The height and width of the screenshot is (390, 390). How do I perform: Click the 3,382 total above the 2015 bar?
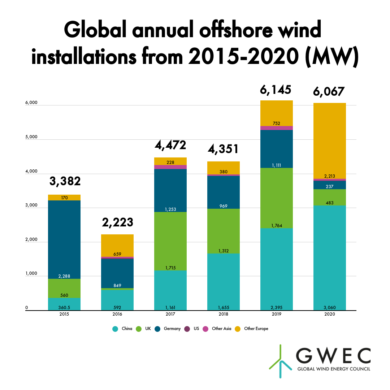[65, 181]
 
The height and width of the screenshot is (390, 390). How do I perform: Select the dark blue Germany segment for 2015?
[64, 238]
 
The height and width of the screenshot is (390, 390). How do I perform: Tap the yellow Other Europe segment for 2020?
[329, 141]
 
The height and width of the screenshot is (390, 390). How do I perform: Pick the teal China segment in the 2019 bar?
[276, 269]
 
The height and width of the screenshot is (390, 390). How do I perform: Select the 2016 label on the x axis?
[117, 314]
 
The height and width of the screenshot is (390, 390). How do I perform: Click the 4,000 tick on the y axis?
[22, 172]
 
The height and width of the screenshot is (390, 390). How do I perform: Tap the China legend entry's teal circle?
[115, 329]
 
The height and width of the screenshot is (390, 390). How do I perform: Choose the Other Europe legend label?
[256, 329]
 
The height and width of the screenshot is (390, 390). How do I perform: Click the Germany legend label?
[172, 329]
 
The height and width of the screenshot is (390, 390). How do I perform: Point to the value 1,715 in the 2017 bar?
[170, 268]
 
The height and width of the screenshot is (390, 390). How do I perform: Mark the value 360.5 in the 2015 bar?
[64, 308]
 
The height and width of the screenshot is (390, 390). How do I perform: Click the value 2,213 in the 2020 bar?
[329, 176]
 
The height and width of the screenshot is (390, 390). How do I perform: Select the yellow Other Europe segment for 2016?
[117, 246]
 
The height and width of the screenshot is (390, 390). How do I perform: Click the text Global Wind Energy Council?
[333, 369]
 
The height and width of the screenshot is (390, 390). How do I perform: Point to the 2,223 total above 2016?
[117, 222]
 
